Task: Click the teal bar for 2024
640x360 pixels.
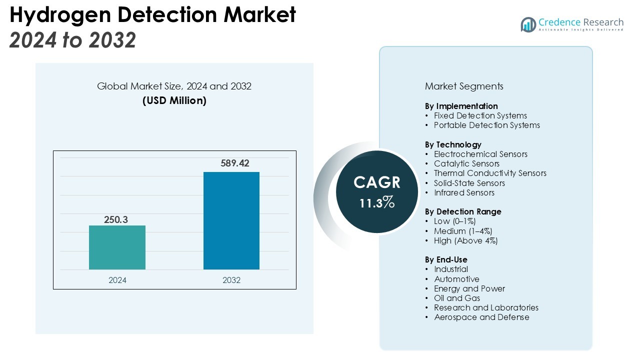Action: (117, 247)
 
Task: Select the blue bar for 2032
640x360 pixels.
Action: (231, 220)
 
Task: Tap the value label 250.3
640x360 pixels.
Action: (116, 219)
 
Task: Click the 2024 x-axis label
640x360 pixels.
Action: (117, 280)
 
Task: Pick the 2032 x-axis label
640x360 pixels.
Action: (231, 280)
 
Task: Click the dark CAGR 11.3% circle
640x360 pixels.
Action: (377, 191)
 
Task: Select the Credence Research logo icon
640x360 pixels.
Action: (528, 24)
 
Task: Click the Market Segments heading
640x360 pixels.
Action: (464, 86)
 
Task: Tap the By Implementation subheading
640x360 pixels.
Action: (461, 106)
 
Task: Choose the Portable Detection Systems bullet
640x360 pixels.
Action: (486, 125)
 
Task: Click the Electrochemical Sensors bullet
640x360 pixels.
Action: (480, 154)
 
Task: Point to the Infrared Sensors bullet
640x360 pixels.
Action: (464, 192)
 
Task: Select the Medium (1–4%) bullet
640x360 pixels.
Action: (463, 231)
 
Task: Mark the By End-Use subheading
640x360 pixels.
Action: (446, 259)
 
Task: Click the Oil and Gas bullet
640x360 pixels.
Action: (457, 298)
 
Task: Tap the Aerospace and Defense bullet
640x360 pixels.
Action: (481, 317)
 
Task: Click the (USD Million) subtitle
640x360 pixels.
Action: (174, 100)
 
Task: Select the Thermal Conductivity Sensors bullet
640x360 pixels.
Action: (490, 173)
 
